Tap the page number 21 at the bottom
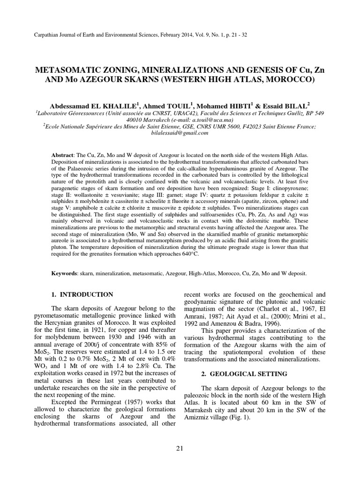pyautogui.click(x=180, y=449)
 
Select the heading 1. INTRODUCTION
pyautogui.click(x=82, y=294)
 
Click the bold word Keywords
pyautogui.click(x=64, y=273)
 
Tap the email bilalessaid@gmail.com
pyautogui.click(x=180, y=133)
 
